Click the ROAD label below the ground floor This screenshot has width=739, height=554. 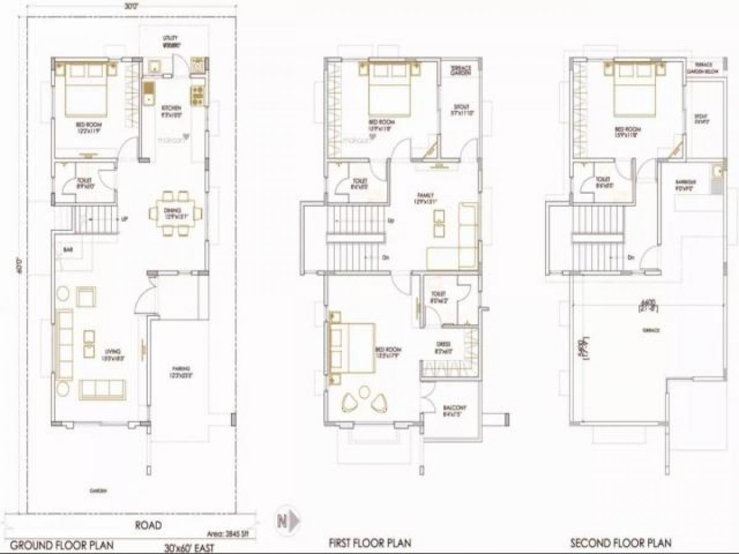(x=148, y=525)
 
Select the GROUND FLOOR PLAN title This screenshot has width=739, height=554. (x=62, y=544)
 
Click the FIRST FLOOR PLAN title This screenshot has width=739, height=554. (x=369, y=543)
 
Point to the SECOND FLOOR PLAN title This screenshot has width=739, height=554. (x=620, y=543)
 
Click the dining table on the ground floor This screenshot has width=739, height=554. (x=176, y=214)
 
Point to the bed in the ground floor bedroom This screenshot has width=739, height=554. (x=86, y=89)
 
